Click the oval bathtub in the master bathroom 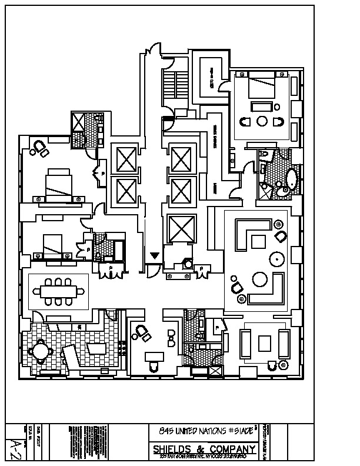pyautogui.click(x=291, y=181)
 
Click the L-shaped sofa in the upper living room pyautogui.click(x=250, y=235)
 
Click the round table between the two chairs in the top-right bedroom pyautogui.click(x=263, y=122)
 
